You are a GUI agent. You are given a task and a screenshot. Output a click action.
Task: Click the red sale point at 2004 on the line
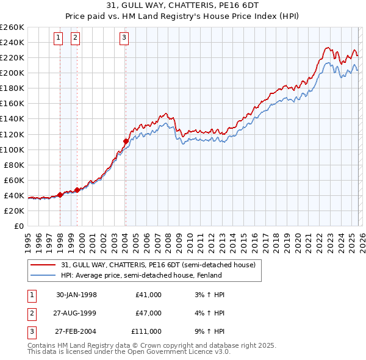point(125,141)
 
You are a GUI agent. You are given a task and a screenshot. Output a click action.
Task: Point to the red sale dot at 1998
point(60,195)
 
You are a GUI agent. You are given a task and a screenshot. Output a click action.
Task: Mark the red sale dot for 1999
point(77,190)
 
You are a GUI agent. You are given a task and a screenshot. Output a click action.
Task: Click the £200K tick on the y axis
point(12,73)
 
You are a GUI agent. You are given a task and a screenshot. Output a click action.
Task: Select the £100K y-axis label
point(12,149)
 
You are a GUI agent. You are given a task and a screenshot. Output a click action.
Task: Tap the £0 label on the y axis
point(18,226)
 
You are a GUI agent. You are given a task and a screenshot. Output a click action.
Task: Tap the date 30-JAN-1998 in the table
point(76,295)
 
